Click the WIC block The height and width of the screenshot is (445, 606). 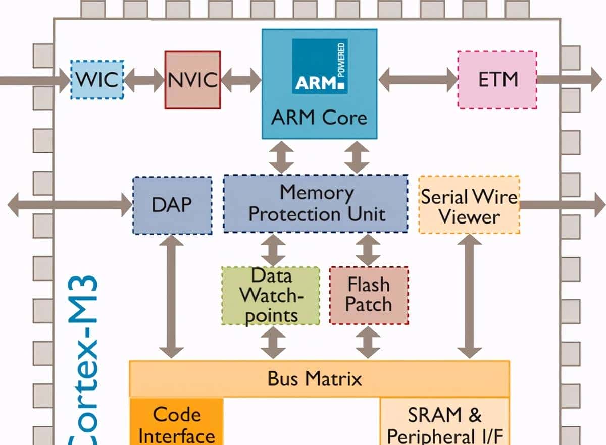click(x=96, y=80)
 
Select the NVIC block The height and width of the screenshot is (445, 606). click(x=192, y=80)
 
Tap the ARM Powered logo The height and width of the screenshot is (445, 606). click(x=320, y=66)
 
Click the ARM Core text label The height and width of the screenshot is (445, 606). click(x=319, y=118)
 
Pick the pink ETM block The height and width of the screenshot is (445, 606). click(x=497, y=80)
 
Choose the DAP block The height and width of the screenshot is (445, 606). click(x=172, y=205)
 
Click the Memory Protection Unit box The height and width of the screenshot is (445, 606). click(x=316, y=203)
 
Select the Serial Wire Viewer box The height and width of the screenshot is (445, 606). click(x=469, y=205)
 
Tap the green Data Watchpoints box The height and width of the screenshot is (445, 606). click(x=271, y=296)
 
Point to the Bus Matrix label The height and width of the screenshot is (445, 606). click(x=315, y=378)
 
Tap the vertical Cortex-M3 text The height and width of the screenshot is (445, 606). click(x=83, y=363)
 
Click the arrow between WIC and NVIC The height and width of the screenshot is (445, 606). click(x=144, y=80)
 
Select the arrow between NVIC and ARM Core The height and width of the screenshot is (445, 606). click(x=241, y=80)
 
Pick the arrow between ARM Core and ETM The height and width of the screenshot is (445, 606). click(x=418, y=80)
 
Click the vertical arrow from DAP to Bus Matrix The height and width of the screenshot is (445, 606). click(x=172, y=297)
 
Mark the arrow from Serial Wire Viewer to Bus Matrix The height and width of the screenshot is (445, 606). click(x=469, y=297)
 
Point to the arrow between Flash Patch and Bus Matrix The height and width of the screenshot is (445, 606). click(x=368, y=343)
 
